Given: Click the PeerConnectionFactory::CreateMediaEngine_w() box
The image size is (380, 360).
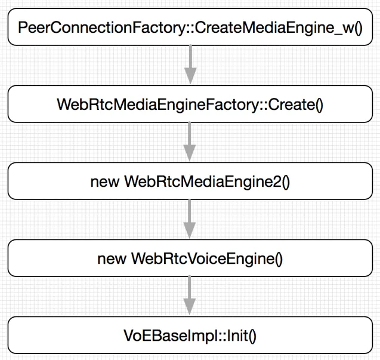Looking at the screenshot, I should pos(190,27).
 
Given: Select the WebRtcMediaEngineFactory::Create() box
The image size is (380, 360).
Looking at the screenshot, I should pos(190,104).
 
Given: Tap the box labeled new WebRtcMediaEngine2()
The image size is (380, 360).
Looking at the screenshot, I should pos(190,181).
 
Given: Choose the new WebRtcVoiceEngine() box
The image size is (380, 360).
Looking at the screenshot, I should pos(190,258).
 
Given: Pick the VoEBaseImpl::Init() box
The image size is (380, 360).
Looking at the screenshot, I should pos(190,335).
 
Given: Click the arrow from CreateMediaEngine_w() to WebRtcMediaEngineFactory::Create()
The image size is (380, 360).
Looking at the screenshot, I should pos(190,66).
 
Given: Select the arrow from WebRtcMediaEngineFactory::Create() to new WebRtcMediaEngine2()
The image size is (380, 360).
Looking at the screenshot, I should pos(190,143).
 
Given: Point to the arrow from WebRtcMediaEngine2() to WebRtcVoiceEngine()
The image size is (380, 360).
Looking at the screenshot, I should pos(190,220).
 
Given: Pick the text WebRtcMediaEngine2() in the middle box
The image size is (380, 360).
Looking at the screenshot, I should pos(206,181).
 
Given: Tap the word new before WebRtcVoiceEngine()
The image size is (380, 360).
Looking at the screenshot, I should pos(111,259).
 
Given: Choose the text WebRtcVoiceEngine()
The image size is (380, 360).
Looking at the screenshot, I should pos(206,259).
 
